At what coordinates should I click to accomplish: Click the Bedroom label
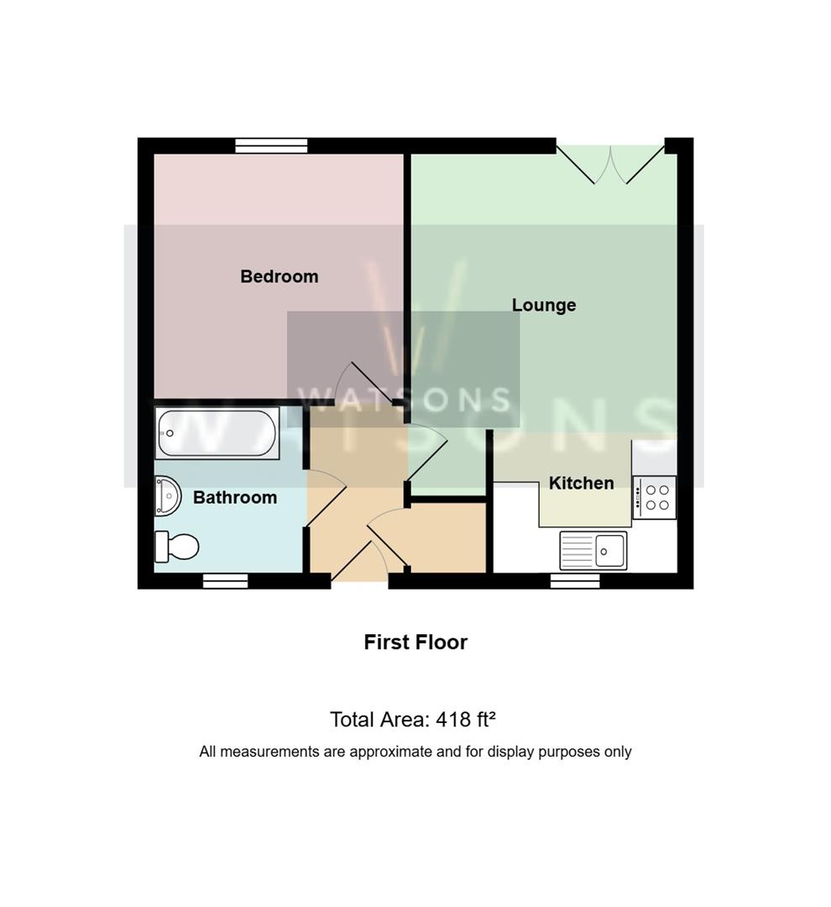point(280,276)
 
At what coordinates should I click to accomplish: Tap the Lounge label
point(544,305)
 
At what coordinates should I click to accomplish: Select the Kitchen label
point(581,483)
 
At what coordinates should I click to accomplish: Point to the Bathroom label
point(235,497)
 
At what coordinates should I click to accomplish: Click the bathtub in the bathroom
point(217,433)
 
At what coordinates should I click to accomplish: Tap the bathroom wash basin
point(168,495)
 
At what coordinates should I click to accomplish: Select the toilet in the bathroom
point(176,547)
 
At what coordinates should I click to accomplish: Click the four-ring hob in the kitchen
point(654,497)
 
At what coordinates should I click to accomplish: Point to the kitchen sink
point(593,551)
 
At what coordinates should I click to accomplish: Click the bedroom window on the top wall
point(271,146)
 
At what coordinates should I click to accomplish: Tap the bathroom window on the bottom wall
point(226,581)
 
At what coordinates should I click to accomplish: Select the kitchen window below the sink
point(575,581)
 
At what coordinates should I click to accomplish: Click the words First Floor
point(415,642)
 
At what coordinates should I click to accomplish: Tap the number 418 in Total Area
point(453,720)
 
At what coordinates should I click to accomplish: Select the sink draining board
point(578,551)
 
